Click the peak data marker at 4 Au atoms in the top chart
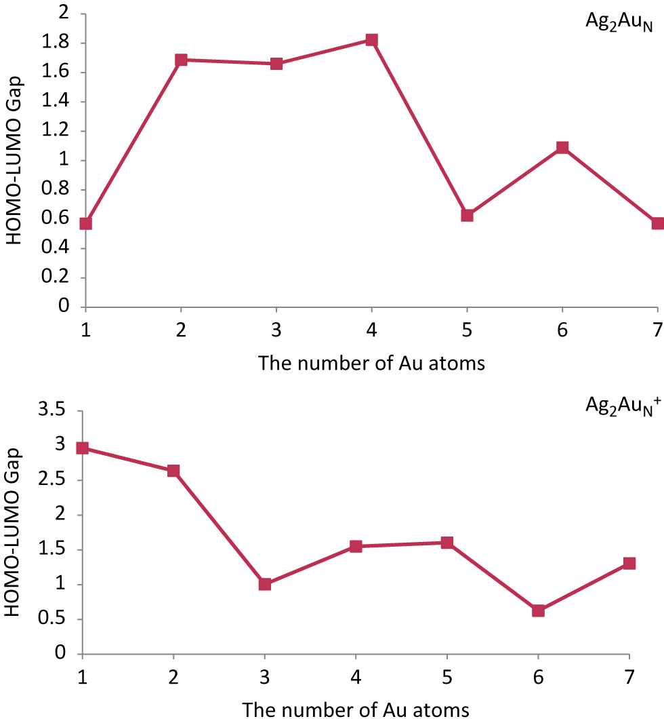371,40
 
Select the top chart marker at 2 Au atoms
181,60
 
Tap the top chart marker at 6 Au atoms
562,147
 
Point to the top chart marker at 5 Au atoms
467,215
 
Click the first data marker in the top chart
85,223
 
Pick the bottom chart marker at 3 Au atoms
265,584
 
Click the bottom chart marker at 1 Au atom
83,448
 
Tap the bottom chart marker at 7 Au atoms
629,563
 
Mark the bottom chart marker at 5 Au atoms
447,543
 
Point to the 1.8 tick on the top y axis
60,43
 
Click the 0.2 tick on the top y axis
60,277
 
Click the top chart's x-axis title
371,363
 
